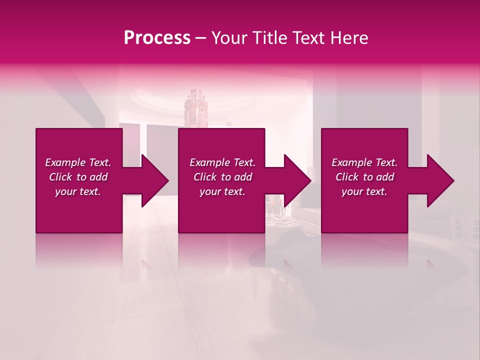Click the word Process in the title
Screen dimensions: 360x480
(x=157, y=38)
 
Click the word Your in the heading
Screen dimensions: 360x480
(x=228, y=38)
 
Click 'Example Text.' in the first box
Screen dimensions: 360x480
(x=78, y=162)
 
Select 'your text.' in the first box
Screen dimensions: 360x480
(x=78, y=191)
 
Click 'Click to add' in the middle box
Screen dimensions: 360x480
(x=222, y=177)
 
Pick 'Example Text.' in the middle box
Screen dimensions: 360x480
(x=222, y=162)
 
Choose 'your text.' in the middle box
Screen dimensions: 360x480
(x=222, y=191)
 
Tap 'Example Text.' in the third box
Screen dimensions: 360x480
(x=364, y=162)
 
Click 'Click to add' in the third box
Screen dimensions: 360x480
(x=364, y=177)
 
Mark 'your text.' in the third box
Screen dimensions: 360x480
(x=364, y=191)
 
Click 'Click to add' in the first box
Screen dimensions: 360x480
(x=78, y=177)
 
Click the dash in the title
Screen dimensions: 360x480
(x=200, y=38)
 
